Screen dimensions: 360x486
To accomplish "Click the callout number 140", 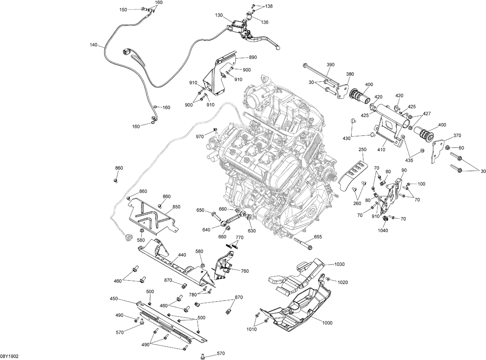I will point(93,45).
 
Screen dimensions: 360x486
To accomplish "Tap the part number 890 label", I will point(253,57).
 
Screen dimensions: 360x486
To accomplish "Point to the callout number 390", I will point(330,65).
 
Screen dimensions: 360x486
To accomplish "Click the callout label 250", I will point(363,150).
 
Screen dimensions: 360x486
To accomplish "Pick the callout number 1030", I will point(340,264).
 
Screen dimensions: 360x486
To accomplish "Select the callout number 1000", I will point(327,323).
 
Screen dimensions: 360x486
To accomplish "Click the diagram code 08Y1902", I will point(9,356).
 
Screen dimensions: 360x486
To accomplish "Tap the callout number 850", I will point(176,207).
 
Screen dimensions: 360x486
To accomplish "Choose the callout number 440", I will point(182,255).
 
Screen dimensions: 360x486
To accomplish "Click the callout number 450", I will point(114,299).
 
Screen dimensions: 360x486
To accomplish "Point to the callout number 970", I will point(200,137).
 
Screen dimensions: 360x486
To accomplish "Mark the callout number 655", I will point(318,237).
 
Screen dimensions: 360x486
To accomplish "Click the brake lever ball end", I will point(277,49).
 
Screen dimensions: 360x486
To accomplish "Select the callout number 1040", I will point(383,231).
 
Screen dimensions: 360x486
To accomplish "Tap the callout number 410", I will point(381,150).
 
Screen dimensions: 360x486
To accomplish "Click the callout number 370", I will point(457,136).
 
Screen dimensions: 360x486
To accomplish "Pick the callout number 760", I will point(245,271).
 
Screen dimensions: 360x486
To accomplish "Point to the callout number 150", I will point(123,10).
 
